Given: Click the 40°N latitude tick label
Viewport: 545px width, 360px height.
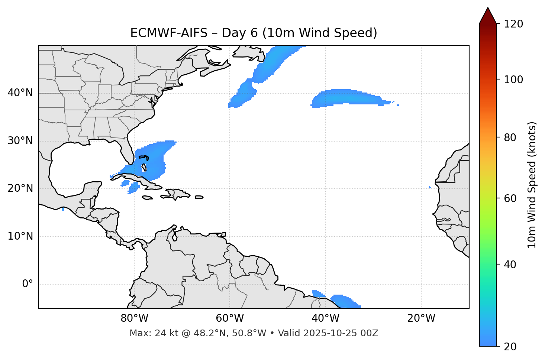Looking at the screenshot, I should click(20, 93).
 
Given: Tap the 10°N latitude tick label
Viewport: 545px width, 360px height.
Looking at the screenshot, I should click(20, 236).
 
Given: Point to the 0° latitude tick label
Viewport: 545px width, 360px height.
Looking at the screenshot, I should click(28, 284).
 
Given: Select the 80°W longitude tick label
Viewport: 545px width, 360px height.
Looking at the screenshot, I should click(134, 318).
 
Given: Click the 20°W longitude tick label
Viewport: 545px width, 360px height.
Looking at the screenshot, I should click(421, 318).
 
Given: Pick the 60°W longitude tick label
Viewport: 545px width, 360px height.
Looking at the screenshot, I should click(230, 318).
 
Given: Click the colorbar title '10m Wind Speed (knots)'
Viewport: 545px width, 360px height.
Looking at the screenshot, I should click(532, 185).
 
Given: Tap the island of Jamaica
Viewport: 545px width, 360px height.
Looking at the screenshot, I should click(147, 198).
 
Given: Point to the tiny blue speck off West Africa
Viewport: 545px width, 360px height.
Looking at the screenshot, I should click(430, 187).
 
